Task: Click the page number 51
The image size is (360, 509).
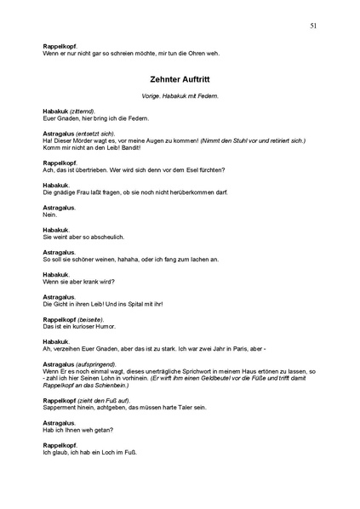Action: (x=314, y=26)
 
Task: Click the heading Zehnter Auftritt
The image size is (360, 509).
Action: (x=180, y=77)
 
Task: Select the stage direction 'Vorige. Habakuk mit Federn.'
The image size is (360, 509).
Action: (x=180, y=95)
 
